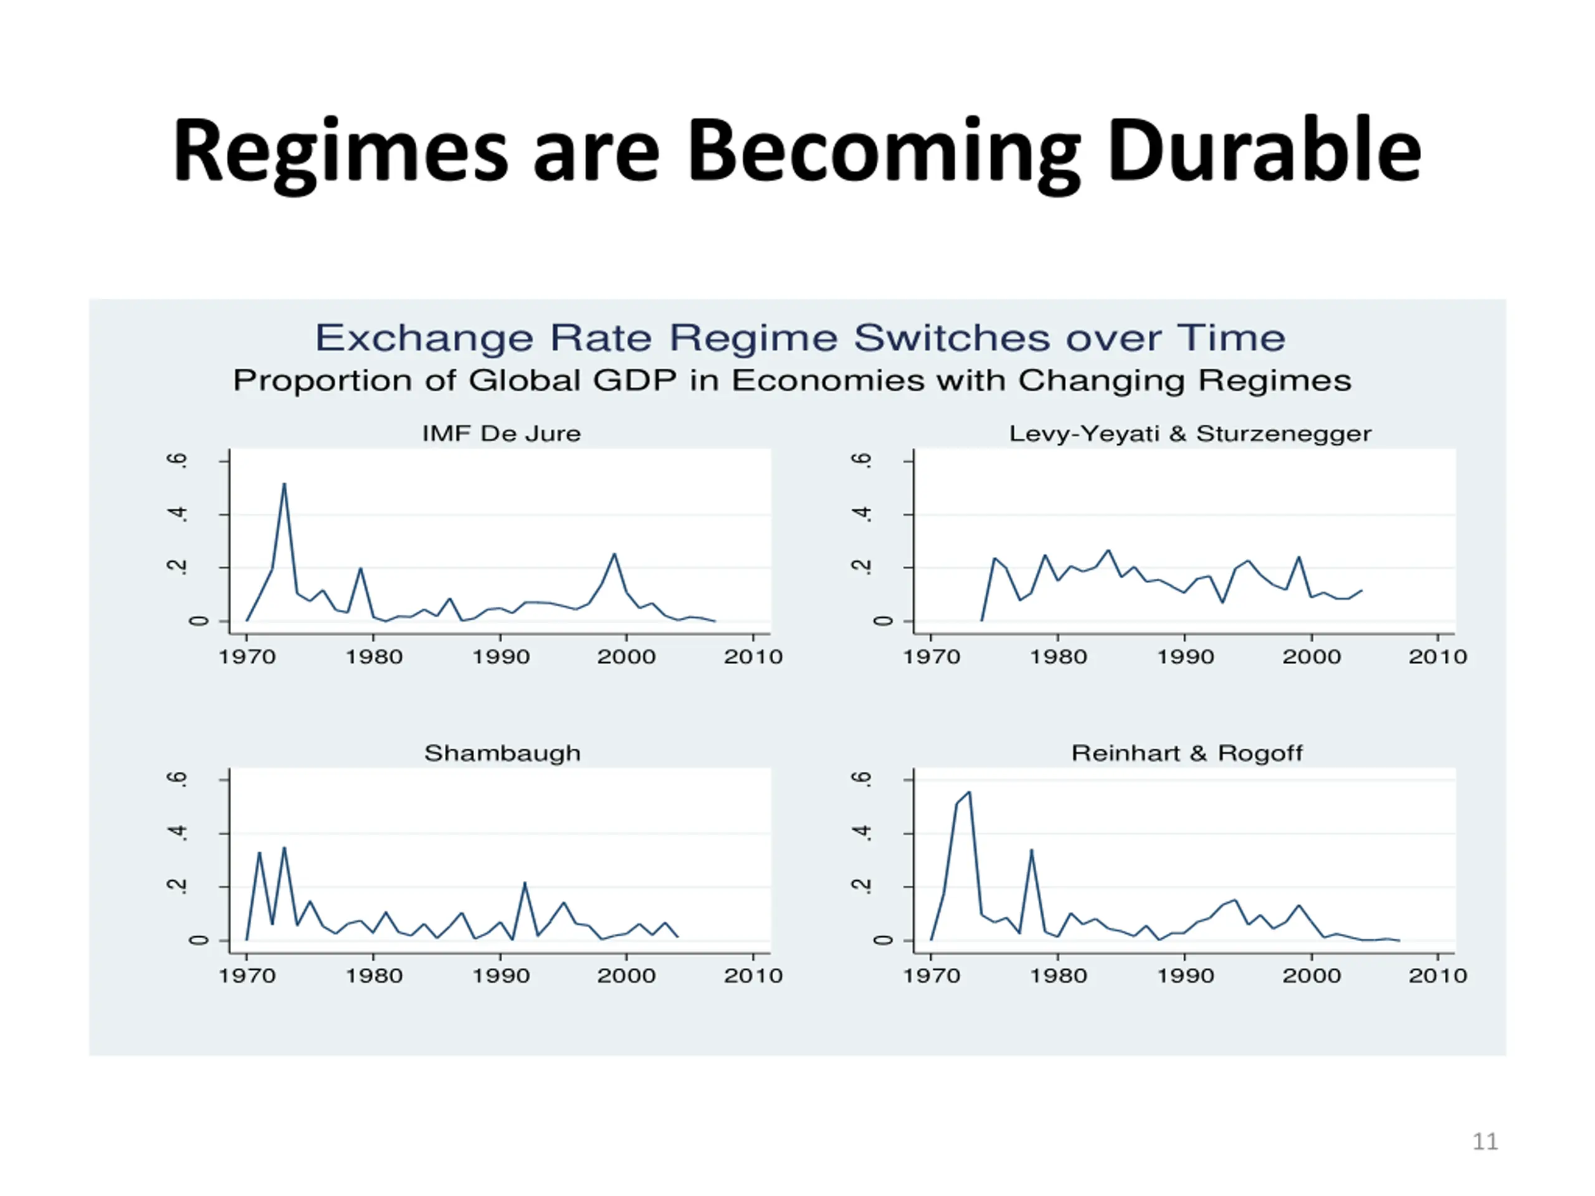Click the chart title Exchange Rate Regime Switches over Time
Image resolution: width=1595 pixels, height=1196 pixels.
point(799,338)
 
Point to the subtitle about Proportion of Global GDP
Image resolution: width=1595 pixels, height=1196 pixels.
point(792,381)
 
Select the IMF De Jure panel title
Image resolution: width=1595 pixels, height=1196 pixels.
point(501,434)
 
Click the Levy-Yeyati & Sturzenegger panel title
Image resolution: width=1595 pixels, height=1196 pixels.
point(1190,434)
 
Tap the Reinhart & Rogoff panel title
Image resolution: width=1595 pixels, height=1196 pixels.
point(1187,752)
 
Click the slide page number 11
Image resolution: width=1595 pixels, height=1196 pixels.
point(1485,1141)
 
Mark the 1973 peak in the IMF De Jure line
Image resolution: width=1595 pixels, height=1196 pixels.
point(284,484)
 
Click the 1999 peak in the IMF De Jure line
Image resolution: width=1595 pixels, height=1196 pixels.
point(614,554)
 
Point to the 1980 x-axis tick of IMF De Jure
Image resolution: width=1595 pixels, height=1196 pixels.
point(373,656)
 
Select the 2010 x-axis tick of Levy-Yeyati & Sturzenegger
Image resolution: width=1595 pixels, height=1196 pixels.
point(1438,656)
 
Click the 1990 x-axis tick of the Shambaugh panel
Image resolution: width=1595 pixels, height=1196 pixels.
point(500,975)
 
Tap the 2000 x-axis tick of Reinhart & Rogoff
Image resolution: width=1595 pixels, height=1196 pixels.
point(1311,975)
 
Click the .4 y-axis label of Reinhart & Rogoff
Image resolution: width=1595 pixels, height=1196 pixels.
point(862,833)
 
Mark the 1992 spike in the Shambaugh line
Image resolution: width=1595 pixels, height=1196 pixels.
point(524,883)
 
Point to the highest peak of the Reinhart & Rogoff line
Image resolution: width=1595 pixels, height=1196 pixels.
point(969,792)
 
